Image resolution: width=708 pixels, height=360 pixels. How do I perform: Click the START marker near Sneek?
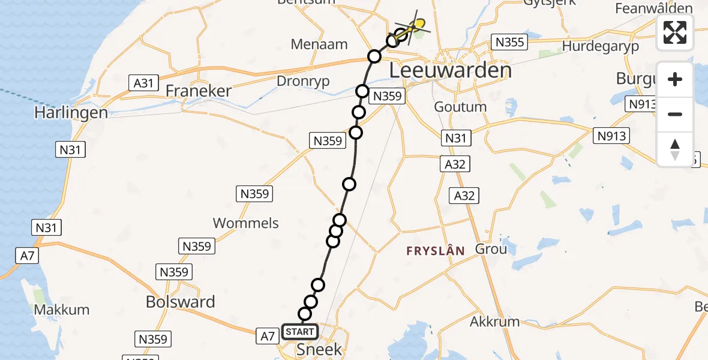pos(299,331)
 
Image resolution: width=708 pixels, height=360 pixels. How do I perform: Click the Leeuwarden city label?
pos(450,70)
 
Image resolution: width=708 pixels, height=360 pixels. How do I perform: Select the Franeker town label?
pos(198,91)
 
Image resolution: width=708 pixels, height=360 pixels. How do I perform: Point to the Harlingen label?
pos(71,112)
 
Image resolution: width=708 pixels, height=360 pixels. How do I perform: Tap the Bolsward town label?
pos(180,302)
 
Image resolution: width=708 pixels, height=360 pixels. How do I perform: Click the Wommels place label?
pos(246,223)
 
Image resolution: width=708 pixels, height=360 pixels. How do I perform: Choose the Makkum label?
pos(62,310)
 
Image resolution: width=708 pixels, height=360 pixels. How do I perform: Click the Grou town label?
pos(491,248)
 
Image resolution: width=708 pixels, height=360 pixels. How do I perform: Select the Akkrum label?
pos(494,322)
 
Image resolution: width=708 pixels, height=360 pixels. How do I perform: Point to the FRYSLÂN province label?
pos(436,251)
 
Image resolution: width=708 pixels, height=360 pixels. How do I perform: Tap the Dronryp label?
pos(303,81)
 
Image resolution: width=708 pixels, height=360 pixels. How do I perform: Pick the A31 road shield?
pos(143,83)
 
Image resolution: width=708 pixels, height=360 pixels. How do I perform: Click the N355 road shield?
pos(509,41)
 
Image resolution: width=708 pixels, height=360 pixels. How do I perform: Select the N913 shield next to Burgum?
pos(641,104)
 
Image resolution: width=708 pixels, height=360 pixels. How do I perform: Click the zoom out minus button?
pos(675,114)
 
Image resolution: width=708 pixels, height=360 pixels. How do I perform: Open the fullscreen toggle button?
pos(675,32)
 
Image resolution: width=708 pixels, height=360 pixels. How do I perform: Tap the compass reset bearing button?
pos(675,149)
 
